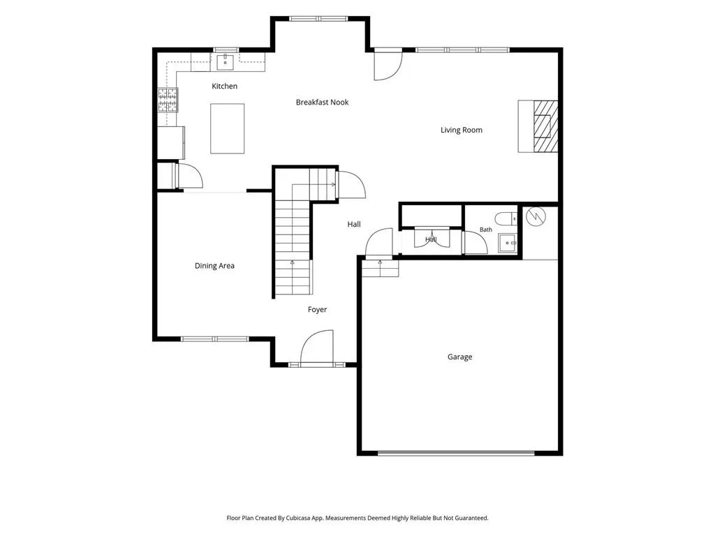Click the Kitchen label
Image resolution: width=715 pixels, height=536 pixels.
click(x=224, y=86)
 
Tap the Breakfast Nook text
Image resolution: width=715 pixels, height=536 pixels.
click(x=322, y=103)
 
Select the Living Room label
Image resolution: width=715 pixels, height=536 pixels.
click(x=461, y=131)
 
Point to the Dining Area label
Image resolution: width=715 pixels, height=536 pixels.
click(x=214, y=266)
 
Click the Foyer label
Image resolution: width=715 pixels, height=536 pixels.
click(x=317, y=309)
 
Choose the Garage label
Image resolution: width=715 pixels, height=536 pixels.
click(x=459, y=357)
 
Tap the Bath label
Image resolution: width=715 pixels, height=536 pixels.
click(x=486, y=230)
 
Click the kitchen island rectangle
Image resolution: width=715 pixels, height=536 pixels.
click(x=227, y=128)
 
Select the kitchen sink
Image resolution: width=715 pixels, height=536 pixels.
click(x=226, y=62)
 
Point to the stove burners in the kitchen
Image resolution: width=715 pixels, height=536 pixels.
click(x=168, y=100)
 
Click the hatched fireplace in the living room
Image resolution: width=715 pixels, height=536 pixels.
click(x=545, y=126)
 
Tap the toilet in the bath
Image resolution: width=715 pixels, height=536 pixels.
click(x=506, y=218)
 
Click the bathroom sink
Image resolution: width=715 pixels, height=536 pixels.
click(x=507, y=243)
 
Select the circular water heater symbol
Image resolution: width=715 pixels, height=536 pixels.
click(x=536, y=216)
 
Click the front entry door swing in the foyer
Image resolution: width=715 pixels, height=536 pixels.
click(x=317, y=348)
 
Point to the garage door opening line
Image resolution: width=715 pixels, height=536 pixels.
click(x=456, y=453)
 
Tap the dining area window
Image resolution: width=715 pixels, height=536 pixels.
click(x=215, y=339)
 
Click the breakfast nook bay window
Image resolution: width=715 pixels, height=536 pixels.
click(x=318, y=19)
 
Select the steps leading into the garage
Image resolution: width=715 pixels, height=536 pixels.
click(x=381, y=269)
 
